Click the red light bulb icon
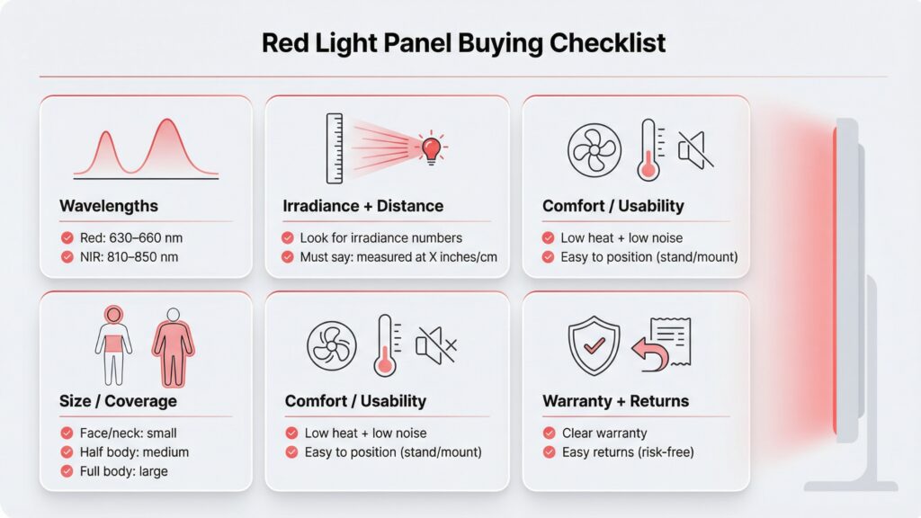(431, 146)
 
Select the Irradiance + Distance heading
(363, 206)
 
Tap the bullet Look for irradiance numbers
(383, 238)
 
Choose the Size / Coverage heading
(118, 401)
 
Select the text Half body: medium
(134, 452)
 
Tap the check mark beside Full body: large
(67, 471)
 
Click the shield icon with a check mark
(593, 344)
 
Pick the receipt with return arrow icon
(662, 344)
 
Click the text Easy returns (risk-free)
(628, 452)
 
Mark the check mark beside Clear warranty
(549, 433)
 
